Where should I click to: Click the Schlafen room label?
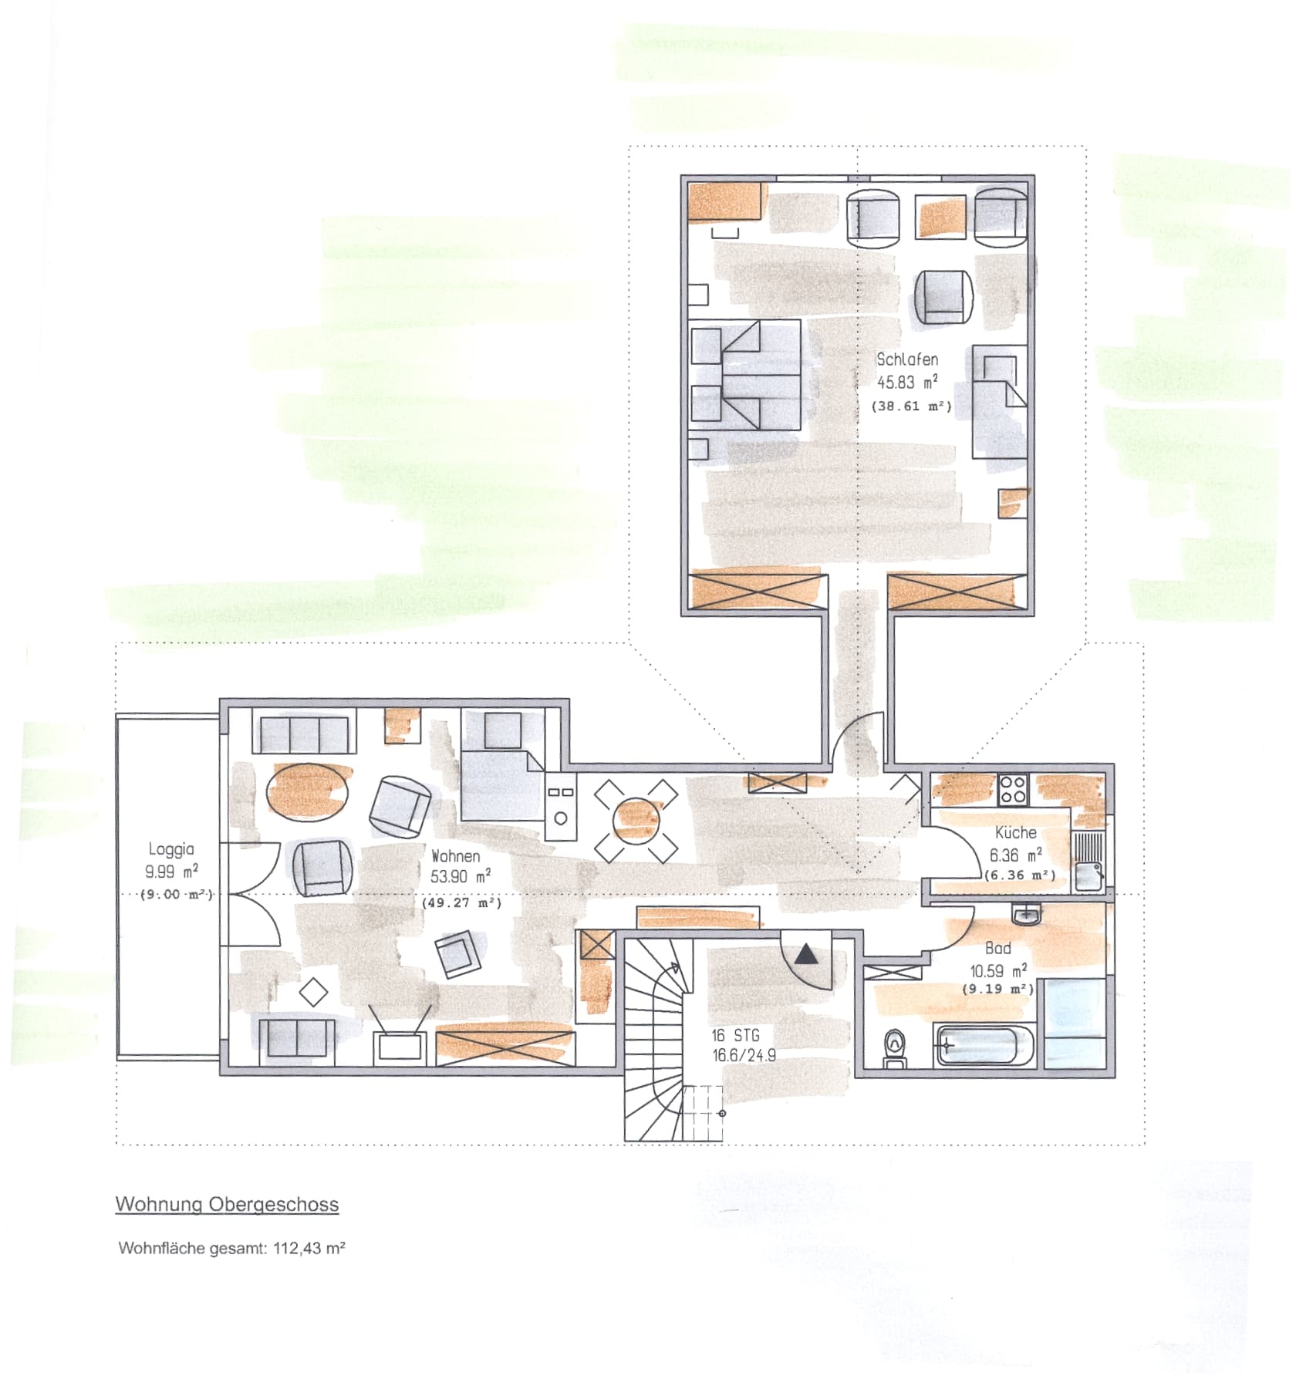(907, 359)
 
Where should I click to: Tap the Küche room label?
(1015, 833)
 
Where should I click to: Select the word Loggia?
(171, 850)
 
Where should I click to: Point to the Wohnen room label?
(455, 856)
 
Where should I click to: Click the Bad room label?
(997, 949)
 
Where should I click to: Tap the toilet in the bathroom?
(895, 1049)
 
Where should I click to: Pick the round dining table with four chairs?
(637, 821)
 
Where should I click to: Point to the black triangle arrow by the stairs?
(807, 954)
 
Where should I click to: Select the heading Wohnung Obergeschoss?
(227, 1206)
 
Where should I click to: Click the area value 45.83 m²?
(907, 382)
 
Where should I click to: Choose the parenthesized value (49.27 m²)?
(461, 902)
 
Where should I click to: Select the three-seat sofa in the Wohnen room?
(304, 734)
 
